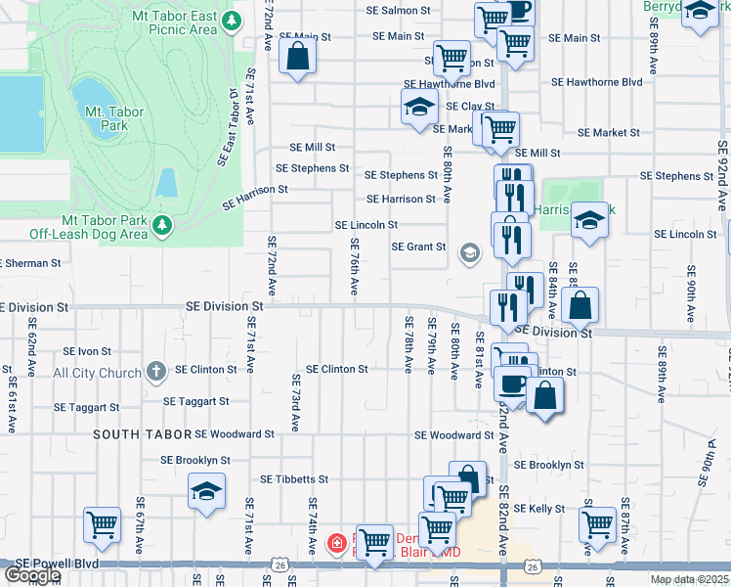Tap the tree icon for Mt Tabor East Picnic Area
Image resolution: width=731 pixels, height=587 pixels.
[x=232, y=21]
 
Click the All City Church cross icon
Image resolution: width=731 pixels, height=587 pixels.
[x=155, y=372]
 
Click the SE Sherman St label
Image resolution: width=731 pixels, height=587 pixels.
[x=30, y=263]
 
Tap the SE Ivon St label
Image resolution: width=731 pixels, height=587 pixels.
[x=87, y=350]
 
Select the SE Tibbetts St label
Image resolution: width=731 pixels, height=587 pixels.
[x=294, y=479]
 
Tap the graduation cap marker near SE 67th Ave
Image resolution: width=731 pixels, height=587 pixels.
[x=206, y=492]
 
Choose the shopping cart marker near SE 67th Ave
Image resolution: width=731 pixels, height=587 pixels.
[x=102, y=525]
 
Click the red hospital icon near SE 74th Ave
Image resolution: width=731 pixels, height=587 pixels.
[x=336, y=541]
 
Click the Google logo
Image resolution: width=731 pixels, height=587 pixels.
[x=32, y=575]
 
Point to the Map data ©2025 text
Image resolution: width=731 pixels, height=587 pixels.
[x=689, y=579]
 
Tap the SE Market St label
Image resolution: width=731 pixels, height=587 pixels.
[x=608, y=132]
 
